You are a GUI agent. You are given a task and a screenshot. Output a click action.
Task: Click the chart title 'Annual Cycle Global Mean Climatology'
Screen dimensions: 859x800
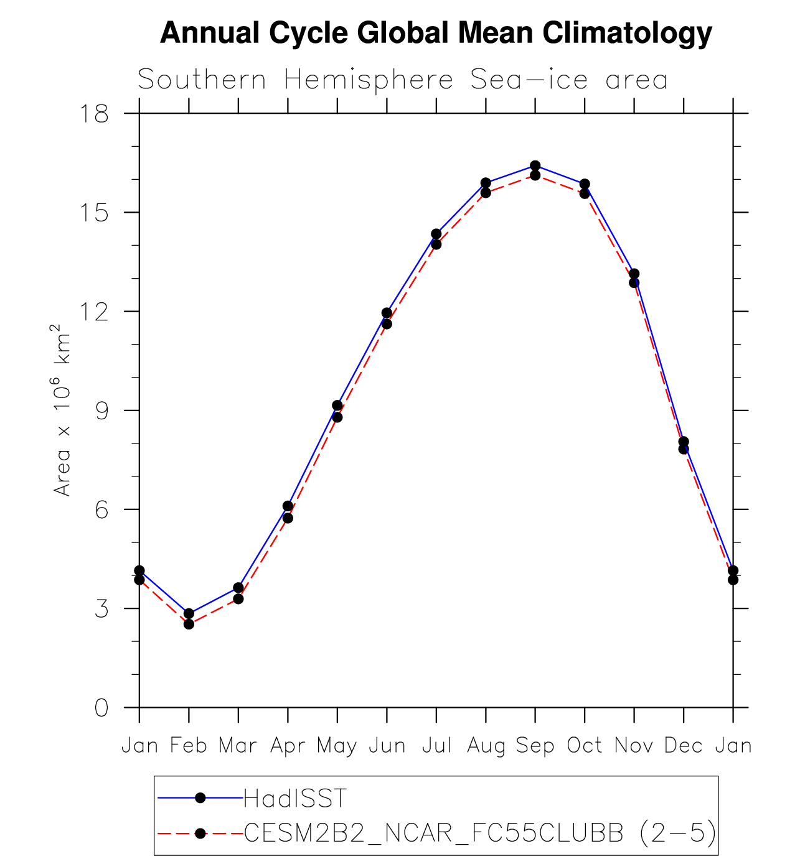tap(436, 33)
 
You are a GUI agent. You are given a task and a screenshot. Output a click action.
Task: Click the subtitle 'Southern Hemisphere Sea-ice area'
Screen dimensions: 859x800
tap(402, 80)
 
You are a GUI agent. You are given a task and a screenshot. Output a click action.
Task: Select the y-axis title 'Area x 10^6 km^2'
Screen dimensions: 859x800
tap(62, 410)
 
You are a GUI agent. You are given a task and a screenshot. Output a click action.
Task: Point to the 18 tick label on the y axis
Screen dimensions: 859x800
tap(93, 114)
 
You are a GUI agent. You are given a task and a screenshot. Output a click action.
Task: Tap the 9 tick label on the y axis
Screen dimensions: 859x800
tap(101, 411)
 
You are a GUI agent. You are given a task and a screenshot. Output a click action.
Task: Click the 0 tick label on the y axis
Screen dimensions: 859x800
tap(101, 707)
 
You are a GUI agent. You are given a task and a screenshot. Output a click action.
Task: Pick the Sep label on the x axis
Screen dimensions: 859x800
tap(535, 745)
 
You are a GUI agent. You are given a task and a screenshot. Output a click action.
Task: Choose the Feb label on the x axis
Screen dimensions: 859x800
tap(189, 745)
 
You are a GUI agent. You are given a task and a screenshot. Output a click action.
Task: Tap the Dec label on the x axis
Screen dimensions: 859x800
tap(683, 745)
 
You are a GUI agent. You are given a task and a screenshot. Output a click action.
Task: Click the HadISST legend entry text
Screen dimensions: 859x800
tap(295, 798)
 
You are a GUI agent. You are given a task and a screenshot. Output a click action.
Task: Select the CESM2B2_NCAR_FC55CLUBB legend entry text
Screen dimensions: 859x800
tap(479, 833)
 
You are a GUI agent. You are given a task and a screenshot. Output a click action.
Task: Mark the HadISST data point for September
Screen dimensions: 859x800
tap(535, 165)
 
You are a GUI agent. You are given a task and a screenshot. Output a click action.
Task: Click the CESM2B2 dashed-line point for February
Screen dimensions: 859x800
tap(189, 624)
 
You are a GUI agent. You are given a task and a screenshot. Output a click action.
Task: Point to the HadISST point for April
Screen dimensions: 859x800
tap(288, 506)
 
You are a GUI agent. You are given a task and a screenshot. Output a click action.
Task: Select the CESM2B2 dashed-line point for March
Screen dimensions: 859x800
tap(238, 598)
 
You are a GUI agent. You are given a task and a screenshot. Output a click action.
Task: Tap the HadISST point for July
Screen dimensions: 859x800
tap(436, 234)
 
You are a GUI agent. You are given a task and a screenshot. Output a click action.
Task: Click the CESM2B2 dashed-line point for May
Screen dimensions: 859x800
tap(337, 417)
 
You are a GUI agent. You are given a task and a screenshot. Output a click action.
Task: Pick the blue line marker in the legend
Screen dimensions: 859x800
tap(200, 798)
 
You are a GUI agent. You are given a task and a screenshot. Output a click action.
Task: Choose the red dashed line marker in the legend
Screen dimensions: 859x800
tap(200, 833)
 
